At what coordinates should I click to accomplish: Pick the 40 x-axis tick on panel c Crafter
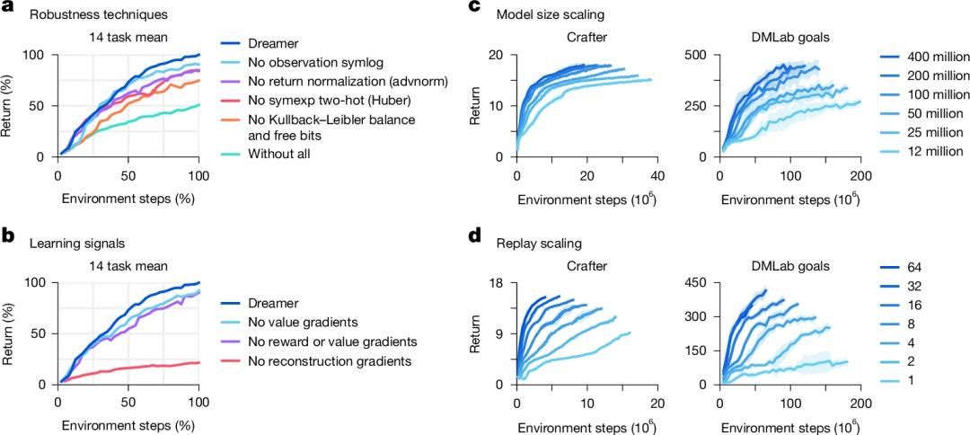pyautogui.click(x=657, y=173)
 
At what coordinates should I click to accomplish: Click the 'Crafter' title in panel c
pyautogui.click(x=586, y=39)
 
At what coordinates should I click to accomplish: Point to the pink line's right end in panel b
pyautogui.click(x=198, y=362)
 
